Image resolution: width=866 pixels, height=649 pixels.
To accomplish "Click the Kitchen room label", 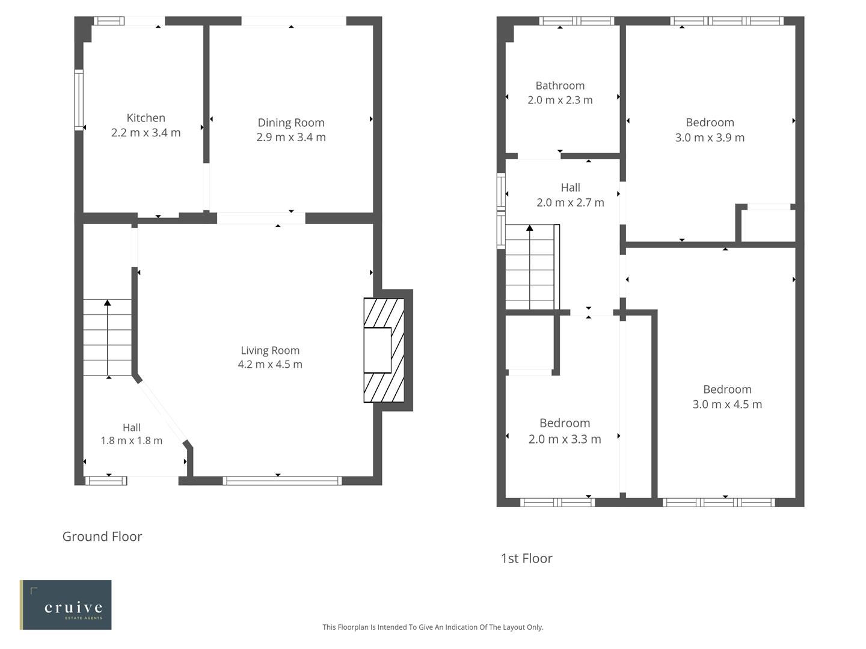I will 146,118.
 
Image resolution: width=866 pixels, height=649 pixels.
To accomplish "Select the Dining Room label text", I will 291,123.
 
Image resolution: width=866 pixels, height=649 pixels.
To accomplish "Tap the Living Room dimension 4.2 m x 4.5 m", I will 270,364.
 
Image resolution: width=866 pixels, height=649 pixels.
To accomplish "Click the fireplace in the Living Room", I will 384,350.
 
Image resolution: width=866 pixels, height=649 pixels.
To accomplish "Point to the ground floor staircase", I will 107,338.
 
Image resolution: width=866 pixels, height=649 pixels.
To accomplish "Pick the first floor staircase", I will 530,267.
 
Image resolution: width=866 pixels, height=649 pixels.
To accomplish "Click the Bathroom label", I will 560,86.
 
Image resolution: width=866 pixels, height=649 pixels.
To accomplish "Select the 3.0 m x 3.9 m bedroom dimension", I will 710,138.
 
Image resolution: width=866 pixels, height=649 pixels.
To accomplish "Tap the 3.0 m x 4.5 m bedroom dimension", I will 727,404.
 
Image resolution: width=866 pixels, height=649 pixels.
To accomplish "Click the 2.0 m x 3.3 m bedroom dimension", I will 565,439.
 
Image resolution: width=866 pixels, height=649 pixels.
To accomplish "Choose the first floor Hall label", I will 570,188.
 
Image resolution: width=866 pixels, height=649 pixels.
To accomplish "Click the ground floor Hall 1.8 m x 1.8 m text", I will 131,440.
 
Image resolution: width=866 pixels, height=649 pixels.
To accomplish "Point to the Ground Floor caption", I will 102,537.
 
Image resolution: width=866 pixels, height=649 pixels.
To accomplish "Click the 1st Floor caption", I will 526,558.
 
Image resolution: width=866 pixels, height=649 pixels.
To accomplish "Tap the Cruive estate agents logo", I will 66,605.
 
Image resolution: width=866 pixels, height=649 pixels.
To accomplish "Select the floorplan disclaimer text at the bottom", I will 432,627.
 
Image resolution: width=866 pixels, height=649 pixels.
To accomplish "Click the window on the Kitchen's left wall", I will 79,100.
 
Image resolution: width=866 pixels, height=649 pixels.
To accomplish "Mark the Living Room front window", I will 282,480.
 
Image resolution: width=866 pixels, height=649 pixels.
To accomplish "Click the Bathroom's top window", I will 577,21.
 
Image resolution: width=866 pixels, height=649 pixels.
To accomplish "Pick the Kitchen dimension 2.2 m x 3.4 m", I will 146,133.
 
